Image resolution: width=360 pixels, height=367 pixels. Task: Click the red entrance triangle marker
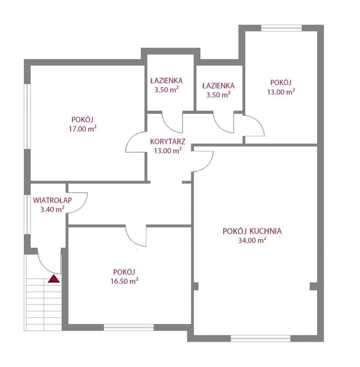(54, 279)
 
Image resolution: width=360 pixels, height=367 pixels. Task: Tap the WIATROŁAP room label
(53, 200)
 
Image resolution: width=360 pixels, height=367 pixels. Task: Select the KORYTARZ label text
(168, 141)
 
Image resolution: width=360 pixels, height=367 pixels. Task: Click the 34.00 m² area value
(252, 240)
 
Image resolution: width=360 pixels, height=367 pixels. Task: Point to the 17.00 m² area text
(83, 129)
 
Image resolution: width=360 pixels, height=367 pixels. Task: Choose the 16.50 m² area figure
(124, 281)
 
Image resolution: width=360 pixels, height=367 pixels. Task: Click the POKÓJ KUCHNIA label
(252, 231)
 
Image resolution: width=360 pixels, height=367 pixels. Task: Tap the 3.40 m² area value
(53, 209)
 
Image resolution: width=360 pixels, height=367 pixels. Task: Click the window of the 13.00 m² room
(281, 28)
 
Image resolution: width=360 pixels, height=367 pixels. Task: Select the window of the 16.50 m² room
(129, 327)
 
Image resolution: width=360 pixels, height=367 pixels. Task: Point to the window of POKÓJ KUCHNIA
(260, 338)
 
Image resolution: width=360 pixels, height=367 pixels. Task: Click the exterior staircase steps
(43, 305)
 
